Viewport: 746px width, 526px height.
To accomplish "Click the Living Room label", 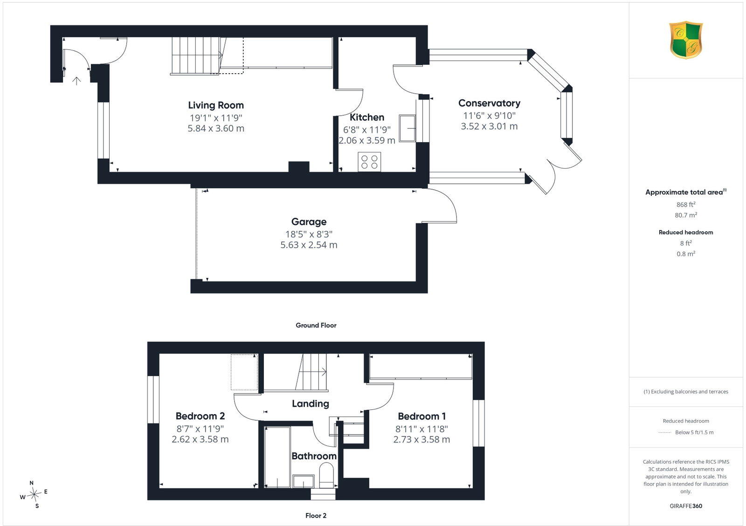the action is pos(216,105).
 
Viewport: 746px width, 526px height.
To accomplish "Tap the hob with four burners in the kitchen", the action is pos(369,162).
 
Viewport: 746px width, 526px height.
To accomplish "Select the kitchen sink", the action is pos(408,128).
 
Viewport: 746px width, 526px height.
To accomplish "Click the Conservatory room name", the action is pos(489,103).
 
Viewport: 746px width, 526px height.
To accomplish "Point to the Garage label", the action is pos(309,222).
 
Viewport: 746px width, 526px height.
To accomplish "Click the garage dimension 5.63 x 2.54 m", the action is pos(309,245).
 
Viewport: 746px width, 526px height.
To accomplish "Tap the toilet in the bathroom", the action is pos(326,477).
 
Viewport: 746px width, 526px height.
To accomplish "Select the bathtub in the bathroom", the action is pos(277,457).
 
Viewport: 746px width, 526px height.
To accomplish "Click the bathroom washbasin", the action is pos(304,481).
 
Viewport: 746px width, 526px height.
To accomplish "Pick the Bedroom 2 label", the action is pos(200,416).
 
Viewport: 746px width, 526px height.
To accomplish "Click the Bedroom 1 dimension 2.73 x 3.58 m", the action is pos(421,439).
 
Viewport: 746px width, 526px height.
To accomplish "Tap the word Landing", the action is pos(311,404).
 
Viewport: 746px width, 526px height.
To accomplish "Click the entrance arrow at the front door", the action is pos(76,81).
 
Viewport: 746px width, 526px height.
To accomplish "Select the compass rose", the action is pos(34,494).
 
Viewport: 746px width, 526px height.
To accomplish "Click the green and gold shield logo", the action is pos(686,40).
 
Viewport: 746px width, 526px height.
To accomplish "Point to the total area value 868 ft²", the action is pos(686,205).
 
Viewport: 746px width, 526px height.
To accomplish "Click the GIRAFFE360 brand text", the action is pos(686,506).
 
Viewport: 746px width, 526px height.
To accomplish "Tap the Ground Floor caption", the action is pos(316,325).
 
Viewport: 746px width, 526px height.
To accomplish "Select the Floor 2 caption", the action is pos(316,516).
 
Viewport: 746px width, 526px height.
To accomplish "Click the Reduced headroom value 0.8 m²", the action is pos(686,254).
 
